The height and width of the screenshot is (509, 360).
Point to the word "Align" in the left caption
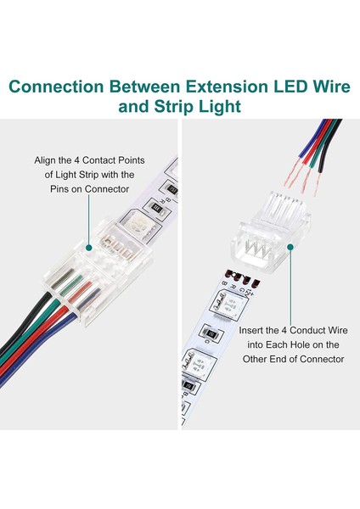coord(47,159)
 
